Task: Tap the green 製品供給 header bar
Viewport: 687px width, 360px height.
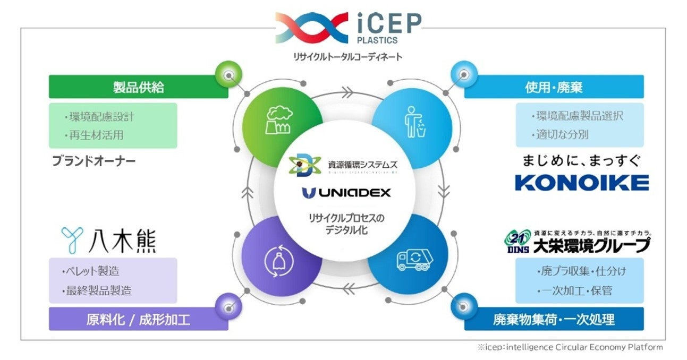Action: pos(138,87)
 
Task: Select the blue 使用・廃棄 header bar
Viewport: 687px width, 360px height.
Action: pos(554,87)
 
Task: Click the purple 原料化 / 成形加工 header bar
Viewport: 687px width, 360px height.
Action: pos(138,319)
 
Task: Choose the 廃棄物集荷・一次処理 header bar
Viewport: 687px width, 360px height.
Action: pos(554,319)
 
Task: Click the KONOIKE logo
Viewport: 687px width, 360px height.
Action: pos(582,183)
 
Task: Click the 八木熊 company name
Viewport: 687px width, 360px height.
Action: pos(109,240)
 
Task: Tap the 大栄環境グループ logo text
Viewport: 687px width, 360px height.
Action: pos(591,245)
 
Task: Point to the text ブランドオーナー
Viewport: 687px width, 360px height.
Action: pos(94,160)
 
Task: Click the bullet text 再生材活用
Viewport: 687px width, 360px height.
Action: pos(94,135)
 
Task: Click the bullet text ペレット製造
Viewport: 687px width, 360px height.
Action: pos(91,271)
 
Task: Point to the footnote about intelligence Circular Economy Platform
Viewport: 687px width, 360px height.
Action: pos(570,348)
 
